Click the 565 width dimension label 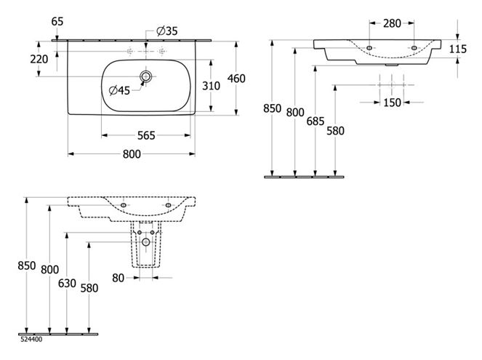[x=146, y=135]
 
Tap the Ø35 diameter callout [x=167, y=31]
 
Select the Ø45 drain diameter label [x=119, y=90]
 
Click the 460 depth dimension [x=236, y=79]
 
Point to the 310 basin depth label [x=211, y=86]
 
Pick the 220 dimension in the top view [x=39, y=59]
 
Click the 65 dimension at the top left [x=57, y=22]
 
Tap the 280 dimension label [x=392, y=23]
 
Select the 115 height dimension [x=458, y=49]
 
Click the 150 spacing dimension [x=392, y=103]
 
